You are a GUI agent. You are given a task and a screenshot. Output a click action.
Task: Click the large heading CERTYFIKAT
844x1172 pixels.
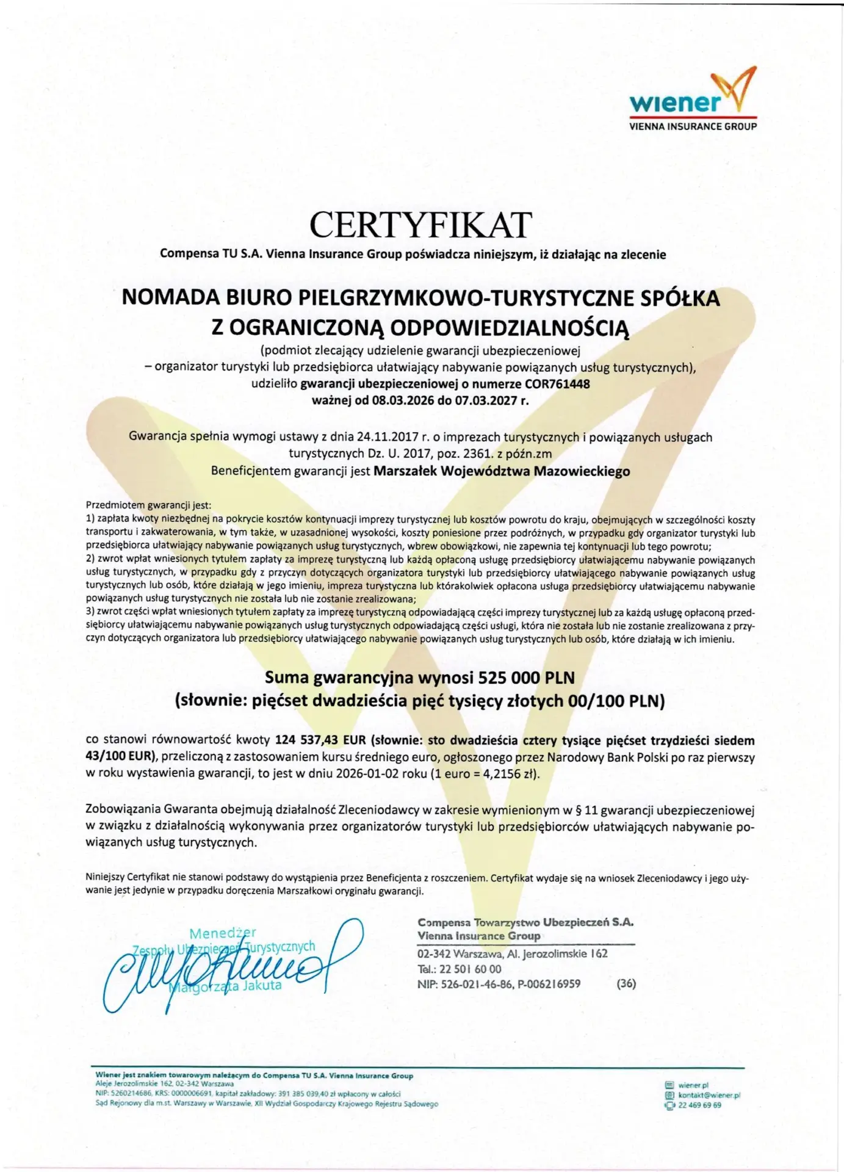click(420, 225)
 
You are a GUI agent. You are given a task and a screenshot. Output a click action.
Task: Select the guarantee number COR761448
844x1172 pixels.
click(557, 384)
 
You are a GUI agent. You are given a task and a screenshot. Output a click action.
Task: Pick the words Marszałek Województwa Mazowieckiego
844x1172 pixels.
click(501, 471)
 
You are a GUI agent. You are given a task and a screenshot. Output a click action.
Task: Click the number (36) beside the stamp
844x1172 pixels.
click(626, 983)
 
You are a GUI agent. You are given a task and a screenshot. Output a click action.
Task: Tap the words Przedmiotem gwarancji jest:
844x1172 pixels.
click(148, 505)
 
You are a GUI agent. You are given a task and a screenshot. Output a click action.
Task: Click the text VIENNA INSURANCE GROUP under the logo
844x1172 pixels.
click(693, 126)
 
